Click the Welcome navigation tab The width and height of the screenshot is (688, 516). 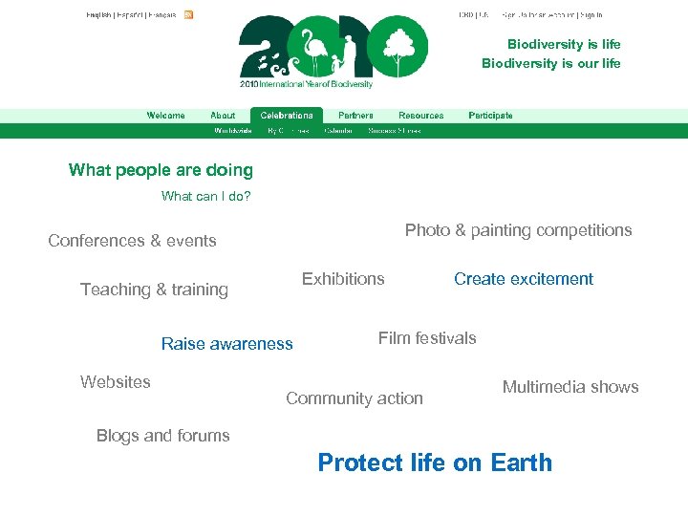(x=165, y=116)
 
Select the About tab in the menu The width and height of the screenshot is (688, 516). (x=223, y=116)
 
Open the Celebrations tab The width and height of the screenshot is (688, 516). (x=287, y=116)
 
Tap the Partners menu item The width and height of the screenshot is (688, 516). (x=355, y=116)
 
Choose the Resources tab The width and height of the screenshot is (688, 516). (x=420, y=116)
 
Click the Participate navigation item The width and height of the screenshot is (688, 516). (x=490, y=116)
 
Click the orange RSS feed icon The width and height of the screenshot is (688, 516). (x=189, y=15)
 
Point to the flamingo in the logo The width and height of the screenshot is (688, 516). (x=312, y=48)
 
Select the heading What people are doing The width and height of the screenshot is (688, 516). (x=161, y=170)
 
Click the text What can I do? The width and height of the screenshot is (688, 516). (x=205, y=197)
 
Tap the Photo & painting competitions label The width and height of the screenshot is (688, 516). (x=518, y=230)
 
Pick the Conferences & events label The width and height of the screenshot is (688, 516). (x=132, y=241)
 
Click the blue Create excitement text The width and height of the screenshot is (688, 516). (x=523, y=279)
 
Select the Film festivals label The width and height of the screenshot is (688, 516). (x=426, y=337)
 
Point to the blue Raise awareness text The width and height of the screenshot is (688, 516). (x=226, y=344)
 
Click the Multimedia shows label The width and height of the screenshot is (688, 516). (x=570, y=387)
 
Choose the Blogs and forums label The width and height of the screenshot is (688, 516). (x=162, y=436)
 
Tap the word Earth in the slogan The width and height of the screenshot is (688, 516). (x=521, y=462)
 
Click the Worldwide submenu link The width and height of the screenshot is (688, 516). (x=233, y=131)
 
